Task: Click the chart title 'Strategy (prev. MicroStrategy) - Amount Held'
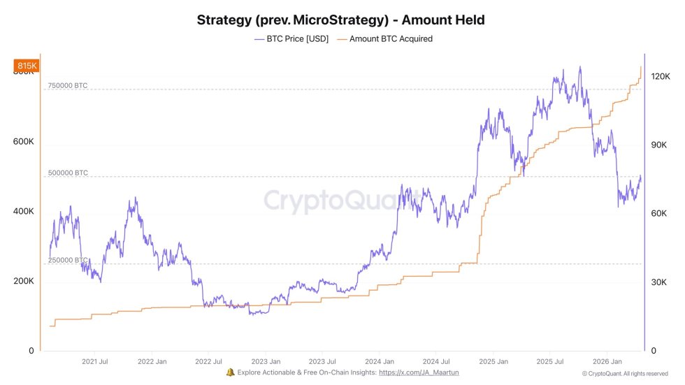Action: click(340, 20)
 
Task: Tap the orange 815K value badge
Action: click(26, 66)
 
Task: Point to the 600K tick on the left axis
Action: click(24, 141)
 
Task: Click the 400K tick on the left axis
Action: click(24, 211)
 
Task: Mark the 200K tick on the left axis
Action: click(24, 281)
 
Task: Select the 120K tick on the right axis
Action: click(661, 77)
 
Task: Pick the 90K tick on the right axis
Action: click(659, 145)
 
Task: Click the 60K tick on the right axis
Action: click(659, 214)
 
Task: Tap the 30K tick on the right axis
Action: click(659, 282)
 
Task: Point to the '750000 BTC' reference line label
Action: click(68, 85)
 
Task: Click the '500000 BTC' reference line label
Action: click(68, 173)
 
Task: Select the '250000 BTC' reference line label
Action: click(68, 260)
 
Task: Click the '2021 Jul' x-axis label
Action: click(94, 361)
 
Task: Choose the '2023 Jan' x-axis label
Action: click(266, 361)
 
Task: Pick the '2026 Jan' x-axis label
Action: click(607, 361)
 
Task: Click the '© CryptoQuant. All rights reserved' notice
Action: click(625, 374)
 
